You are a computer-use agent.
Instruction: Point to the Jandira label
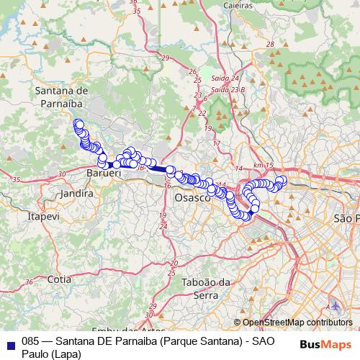pyautogui.click(x=78, y=194)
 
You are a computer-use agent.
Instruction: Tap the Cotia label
pyautogui.click(x=58, y=278)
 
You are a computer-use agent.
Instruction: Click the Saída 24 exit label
pyautogui.click(x=225, y=78)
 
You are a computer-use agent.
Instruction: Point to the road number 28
pyautogui.click(x=271, y=45)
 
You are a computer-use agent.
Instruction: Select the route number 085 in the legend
pyautogui.click(x=31, y=341)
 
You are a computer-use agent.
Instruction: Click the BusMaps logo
pyautogui.click(x=324, y=344)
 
